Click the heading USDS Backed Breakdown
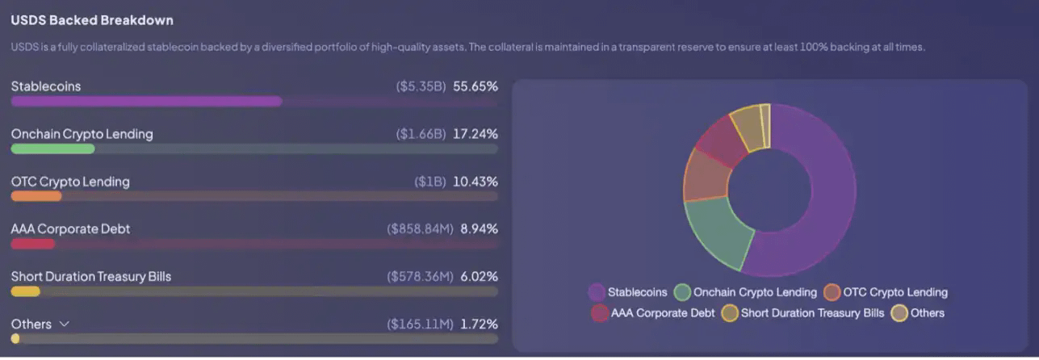92,19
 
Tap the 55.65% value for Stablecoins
476,86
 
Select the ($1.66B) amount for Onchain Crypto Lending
421,134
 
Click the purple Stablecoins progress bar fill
146,102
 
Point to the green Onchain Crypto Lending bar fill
52,149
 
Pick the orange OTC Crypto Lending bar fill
36,196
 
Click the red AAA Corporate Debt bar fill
33,244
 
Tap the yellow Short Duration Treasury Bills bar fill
26,291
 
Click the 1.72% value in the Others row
479,324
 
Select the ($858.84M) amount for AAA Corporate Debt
420,229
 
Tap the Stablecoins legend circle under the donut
597,292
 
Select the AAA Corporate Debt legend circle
600,313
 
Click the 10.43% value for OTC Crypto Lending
476,182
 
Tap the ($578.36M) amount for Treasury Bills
420,277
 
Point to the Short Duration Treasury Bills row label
91,277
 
